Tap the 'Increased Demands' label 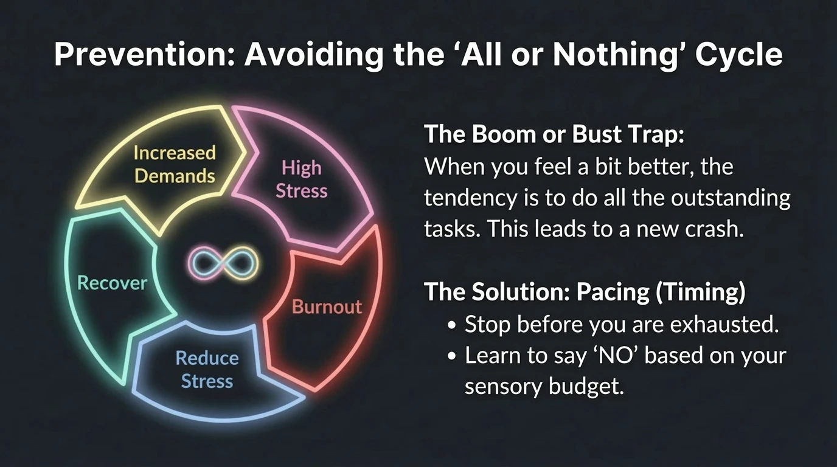175,164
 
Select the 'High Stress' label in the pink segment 302,179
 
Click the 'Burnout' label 327,306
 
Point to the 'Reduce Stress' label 207,369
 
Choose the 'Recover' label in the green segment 113,283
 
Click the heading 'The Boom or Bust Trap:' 554,134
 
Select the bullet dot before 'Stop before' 451,325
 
